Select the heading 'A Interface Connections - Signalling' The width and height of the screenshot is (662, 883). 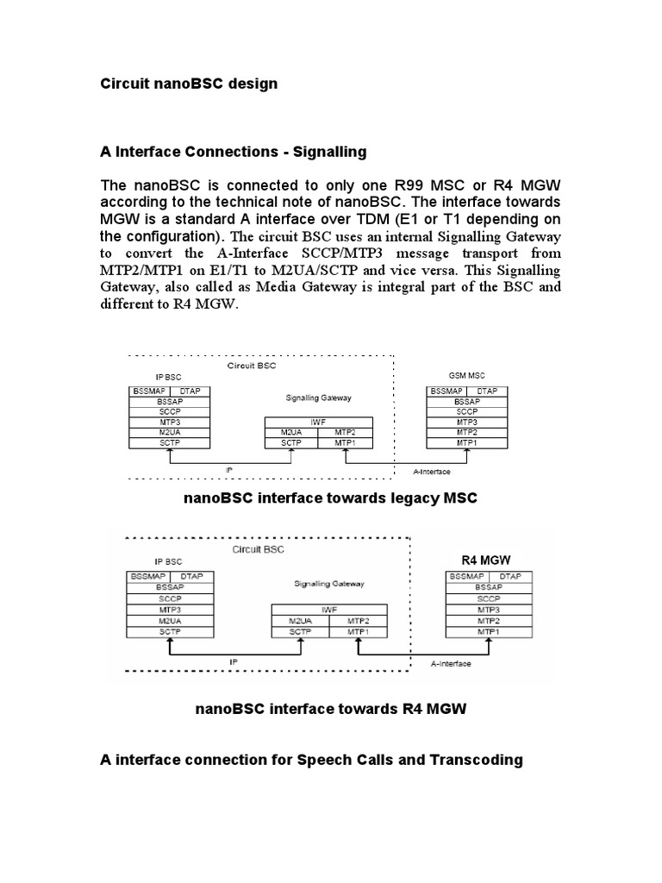pyautogui.click(x=234, y=152)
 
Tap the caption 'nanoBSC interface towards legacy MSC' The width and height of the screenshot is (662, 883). pyautogui.click(x=330, y=499)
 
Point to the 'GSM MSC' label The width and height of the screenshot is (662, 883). pyautogui.click(x=466, y=377)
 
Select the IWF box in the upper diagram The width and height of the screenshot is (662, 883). pyautogui.click(x=318, y=423)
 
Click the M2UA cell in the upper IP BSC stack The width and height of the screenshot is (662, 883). pyautogui.click(x=169, y=432)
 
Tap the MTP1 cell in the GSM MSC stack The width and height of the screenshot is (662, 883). pyautogui.click(x=467, y=442)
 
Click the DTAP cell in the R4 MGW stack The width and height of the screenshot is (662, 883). pyautogui.click(x=510, y=575)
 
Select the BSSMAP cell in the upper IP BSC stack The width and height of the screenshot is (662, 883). pyautogui.click(x=148, y=391)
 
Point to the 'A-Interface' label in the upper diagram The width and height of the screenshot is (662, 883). pyautogui.click(x=432, y=472)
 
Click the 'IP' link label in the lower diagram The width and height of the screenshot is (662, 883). pyautogui.click(x=233, y=661)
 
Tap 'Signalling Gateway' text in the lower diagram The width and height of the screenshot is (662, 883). pyautogui.click(x=329, y=584)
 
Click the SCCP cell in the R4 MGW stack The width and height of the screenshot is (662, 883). pyautogui.click(x=488, y=598)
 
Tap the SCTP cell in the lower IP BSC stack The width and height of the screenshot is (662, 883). pyautogui.click(x=169, y=632)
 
